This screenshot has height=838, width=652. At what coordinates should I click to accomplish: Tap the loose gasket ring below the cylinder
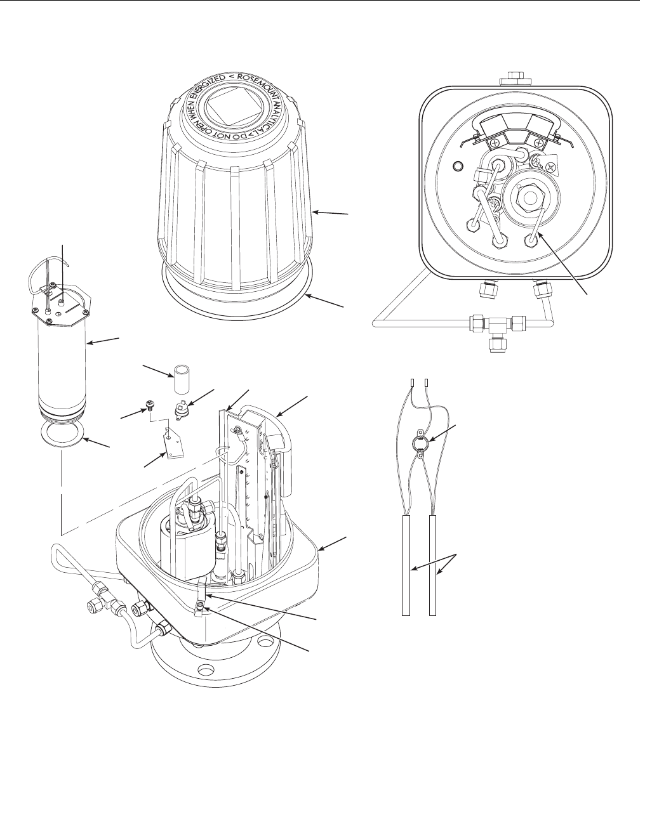[60, 436]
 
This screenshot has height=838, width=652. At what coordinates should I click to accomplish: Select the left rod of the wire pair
[406, 565]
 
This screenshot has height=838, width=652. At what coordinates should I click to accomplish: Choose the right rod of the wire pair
[433, 565]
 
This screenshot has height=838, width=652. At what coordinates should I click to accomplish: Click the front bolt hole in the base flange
[206, 669]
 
